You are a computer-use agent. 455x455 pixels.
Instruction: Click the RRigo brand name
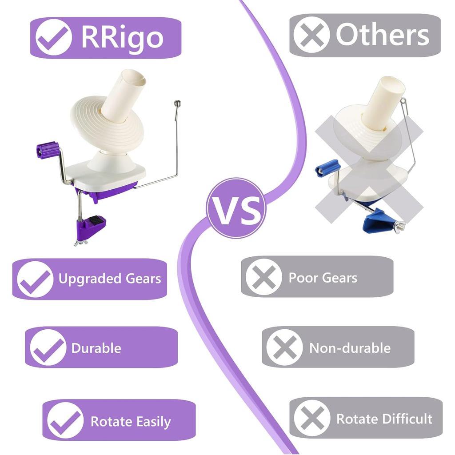(122, 37)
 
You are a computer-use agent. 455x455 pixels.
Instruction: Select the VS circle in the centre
(236, 208)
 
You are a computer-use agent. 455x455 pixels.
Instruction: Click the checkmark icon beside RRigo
(54, 37)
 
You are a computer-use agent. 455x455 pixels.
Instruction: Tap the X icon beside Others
(311, 35)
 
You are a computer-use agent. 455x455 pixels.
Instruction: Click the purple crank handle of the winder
(47, 150)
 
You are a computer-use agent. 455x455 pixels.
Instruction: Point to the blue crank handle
(327, 168)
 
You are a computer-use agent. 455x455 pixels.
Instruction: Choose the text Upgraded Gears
(110, 279)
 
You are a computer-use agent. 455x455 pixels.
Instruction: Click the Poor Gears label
(323, 278)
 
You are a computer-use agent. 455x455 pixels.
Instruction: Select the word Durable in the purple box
(96, 348)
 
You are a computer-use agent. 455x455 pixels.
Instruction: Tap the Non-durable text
(350, 347)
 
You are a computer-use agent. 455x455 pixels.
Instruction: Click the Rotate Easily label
(131, 421)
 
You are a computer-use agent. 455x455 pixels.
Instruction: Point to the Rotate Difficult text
(384, 419)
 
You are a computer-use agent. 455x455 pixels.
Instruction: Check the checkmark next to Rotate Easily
(65, 420)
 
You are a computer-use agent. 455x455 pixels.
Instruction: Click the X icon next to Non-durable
(284, 347)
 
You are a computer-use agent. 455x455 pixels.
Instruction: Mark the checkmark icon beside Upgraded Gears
(35, 279)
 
